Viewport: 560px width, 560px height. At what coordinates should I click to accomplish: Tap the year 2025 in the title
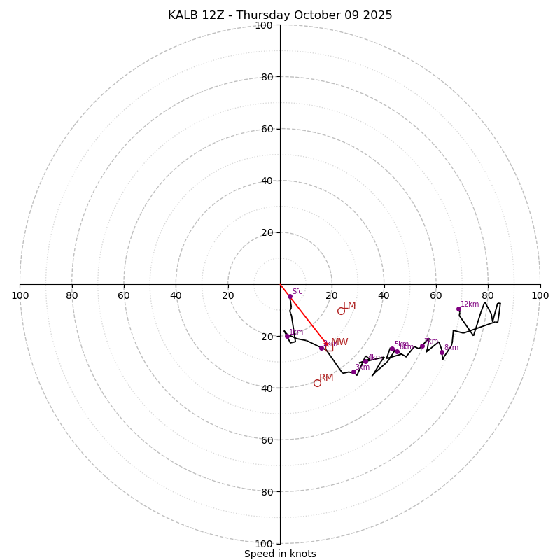[377, 15]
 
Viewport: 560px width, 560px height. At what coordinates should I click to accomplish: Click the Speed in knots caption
[280, 554]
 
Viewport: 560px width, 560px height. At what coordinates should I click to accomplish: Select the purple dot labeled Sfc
[290, 296]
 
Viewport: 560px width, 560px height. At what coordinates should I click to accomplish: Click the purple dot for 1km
[287, 336]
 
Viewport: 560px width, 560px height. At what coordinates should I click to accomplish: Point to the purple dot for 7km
[422, 346]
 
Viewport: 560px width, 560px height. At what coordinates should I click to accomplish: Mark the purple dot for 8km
[442, 352]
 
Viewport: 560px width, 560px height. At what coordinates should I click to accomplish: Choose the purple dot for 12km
[458, 309]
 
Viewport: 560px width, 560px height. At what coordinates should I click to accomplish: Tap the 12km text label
[470, 304]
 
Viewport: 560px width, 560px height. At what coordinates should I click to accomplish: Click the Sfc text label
[297, 292]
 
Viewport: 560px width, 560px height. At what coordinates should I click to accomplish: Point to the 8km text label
[451, 348]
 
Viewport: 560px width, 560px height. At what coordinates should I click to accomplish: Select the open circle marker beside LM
[341, 311]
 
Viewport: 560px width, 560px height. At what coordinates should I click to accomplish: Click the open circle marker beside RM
[317, 383]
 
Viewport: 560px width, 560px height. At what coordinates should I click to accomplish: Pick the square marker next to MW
[329, 347]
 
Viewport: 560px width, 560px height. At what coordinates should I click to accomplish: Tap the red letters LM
[349, 306]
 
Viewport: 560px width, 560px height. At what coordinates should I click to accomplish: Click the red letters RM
[326, 378]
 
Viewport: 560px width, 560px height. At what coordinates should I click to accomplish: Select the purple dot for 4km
[365, 361]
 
